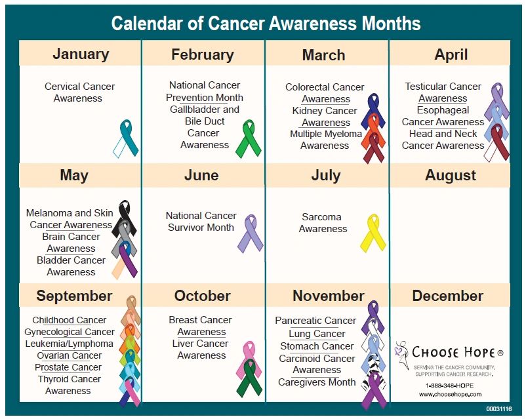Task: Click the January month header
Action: coord(81,54)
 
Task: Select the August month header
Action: coord(450,176)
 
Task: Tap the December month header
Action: coord(448,296)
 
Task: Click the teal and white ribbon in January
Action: coord(125,138)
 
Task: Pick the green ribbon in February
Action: coord(249,138)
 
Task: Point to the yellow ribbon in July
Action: coord(373,233)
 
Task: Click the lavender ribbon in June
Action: coord(251,233)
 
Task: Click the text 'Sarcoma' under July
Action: coord(321,217)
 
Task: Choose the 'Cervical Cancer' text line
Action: coord(79,87)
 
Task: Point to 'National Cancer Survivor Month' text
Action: coord(201,222)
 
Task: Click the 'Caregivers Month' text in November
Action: coord(317,382)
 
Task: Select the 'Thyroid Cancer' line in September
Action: coord(70,379)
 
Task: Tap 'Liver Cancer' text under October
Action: coord(200,344)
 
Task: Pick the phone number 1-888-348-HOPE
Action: coord(449,386)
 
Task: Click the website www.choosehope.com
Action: coord(450,395)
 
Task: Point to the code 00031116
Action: coord(499,409)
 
